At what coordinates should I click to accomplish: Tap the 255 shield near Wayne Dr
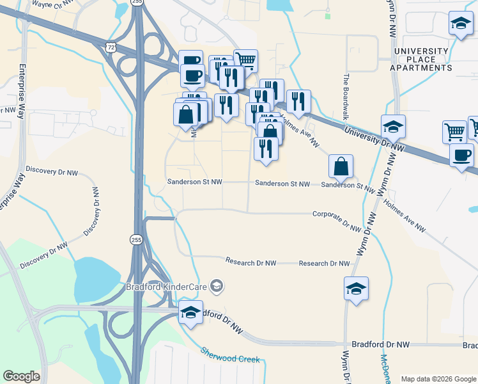point(137,3)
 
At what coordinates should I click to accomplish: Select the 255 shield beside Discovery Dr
point(135,239)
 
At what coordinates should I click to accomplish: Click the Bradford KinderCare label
point(167,285)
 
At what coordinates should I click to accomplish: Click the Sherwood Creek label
point(230,355)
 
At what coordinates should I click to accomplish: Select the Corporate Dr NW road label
point(337,220)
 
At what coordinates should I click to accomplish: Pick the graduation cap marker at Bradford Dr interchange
point(190,312)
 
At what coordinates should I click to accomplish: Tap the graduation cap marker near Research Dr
point(356,288)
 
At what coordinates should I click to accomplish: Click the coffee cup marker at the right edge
point(461,154)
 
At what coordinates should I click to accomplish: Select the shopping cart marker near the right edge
point(454,131)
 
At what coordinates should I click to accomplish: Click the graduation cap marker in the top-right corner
point(461,24)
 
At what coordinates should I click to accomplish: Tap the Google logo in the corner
point(21,376)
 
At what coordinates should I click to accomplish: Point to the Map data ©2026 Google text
point(438,379)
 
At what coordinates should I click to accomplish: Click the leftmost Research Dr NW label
point(251,262)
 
